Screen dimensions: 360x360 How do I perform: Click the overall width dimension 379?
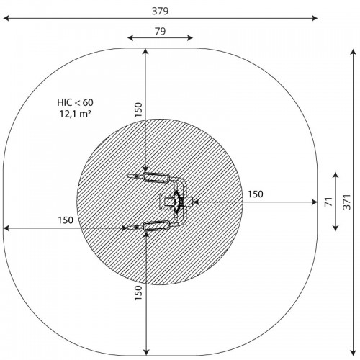click(x=160, y=11)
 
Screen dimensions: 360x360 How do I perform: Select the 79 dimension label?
click(x=160, y=32)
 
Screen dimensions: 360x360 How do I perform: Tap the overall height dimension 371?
click(x=347, y=202)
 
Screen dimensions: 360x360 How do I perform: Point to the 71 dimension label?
click(x=329, y=202)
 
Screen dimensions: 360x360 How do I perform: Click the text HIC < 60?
click(x=75, y=102)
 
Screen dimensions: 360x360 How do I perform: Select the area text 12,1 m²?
click(x=75, y=114)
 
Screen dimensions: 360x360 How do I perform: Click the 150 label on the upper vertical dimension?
click(x=138, y=109)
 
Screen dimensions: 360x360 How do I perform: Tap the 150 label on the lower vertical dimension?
click(x=138, y=292)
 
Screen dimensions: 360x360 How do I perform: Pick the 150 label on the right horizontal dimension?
click(x=256, y=194)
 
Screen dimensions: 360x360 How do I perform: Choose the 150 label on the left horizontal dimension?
click(x=66, y=220)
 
